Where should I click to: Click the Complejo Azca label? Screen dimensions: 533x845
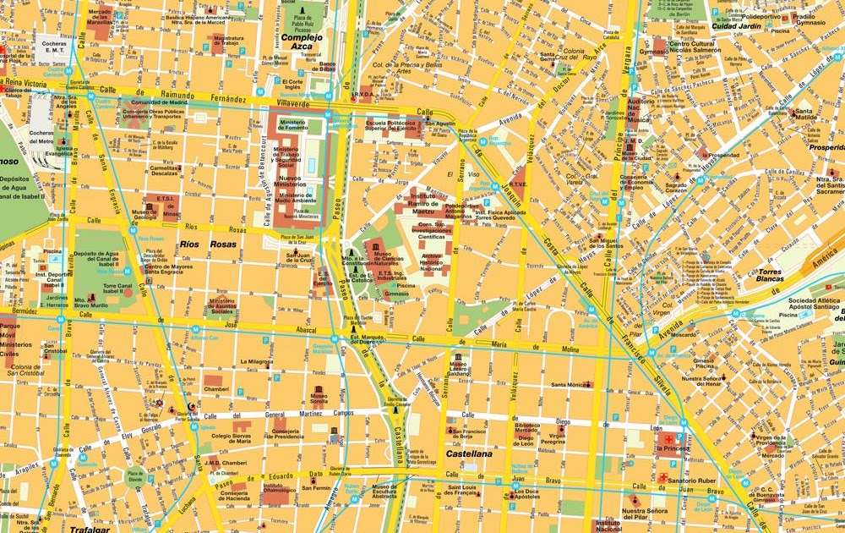[x=302, y=43]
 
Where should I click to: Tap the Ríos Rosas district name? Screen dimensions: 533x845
[x=207, y=245]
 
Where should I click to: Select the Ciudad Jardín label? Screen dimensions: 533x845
[x=736, y=25]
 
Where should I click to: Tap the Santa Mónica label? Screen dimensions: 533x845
[x=572, y=384]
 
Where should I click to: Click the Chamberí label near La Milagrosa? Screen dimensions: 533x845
[x=215, y=390]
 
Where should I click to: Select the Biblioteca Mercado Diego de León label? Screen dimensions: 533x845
[x=526, y=431]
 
